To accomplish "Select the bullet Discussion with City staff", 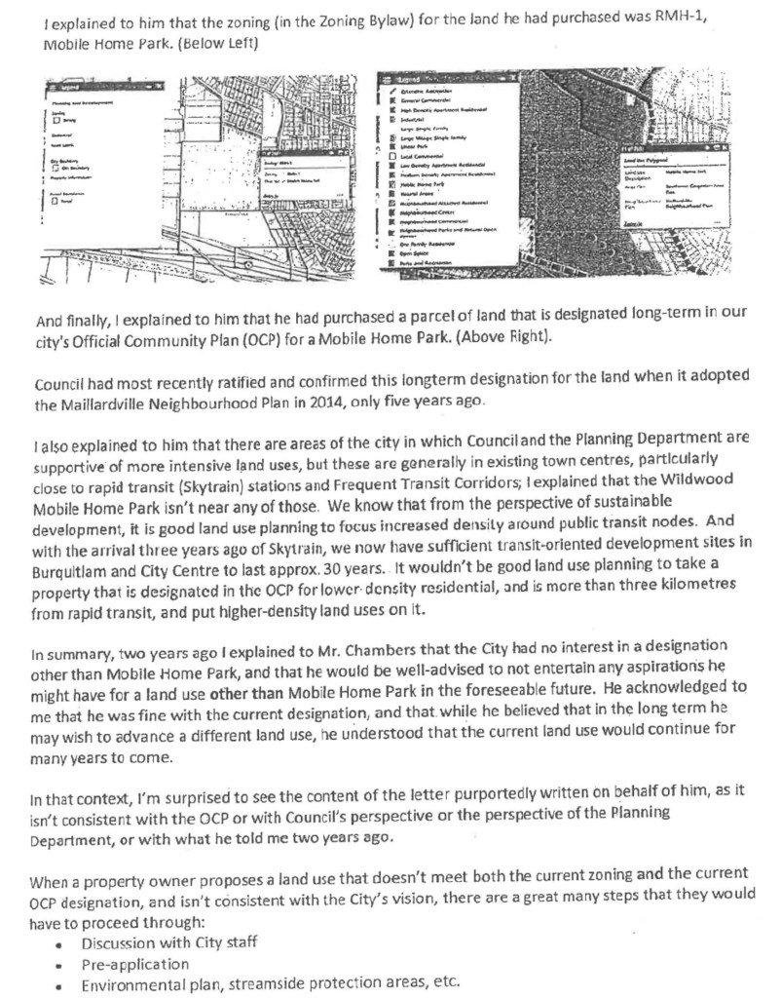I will (163, 944).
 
